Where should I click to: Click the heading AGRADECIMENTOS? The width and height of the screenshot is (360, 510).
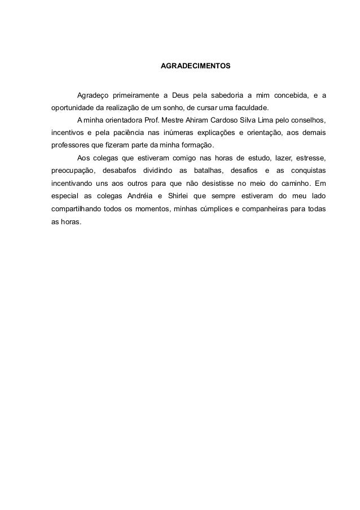[195, 67]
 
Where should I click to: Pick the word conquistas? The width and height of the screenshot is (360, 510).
[308, 171]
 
